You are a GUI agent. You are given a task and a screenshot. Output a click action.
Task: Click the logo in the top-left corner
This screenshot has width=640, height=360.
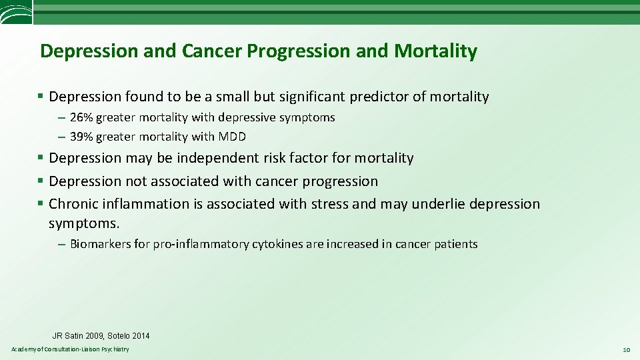(15, 12)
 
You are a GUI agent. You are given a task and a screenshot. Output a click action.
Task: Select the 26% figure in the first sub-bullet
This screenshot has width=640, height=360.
(81, 117)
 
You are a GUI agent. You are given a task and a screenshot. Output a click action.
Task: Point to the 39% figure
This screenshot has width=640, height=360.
(81, 137)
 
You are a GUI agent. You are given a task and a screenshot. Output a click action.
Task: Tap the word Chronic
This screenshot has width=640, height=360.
(73, 203)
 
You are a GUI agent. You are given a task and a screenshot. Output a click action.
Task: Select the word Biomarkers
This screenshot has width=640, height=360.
(100, 244)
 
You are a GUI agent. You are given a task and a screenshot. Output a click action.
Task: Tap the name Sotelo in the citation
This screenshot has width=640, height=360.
(121, 336)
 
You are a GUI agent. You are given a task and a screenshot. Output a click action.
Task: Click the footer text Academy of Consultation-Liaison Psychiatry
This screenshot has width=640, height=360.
(70, 350)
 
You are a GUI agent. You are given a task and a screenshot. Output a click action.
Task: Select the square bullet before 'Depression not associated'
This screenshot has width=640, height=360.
(41, 181)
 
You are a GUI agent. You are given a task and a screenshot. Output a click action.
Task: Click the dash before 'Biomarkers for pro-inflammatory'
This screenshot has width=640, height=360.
(61, 244)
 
